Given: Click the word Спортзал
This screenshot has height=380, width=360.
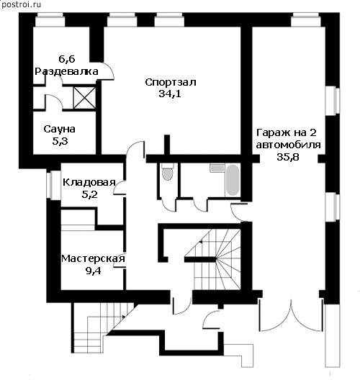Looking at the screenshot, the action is [171, 82].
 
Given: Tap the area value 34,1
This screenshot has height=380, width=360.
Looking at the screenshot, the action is [170, 94].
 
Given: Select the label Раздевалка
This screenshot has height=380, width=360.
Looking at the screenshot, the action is [66, 71].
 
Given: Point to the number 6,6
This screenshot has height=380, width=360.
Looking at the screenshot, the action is [67, 59].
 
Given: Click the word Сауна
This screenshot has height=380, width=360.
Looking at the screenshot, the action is [59, 129].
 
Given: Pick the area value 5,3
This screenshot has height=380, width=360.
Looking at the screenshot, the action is [60, 141].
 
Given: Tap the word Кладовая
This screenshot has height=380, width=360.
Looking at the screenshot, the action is [89, 182].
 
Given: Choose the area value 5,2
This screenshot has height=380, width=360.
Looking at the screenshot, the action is [89, 194].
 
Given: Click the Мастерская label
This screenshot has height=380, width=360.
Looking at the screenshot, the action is [93, 258].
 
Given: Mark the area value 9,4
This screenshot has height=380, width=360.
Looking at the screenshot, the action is [93, 271].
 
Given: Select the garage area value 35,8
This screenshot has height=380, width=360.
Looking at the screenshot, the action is [288, 157].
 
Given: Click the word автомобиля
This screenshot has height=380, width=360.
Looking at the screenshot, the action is [289, 145].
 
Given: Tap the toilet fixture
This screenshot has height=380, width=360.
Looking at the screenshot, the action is [167, 171].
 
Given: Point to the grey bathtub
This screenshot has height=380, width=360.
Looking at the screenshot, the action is [233, 180].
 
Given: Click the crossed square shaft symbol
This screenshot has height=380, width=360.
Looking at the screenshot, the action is [84, 98].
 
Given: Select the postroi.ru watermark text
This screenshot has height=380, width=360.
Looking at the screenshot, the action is [21, 4].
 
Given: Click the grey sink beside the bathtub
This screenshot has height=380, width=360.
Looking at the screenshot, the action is [217, 168].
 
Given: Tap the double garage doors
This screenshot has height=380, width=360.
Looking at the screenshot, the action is [291, 315].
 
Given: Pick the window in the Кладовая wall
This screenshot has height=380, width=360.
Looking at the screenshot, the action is [53, 186].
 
